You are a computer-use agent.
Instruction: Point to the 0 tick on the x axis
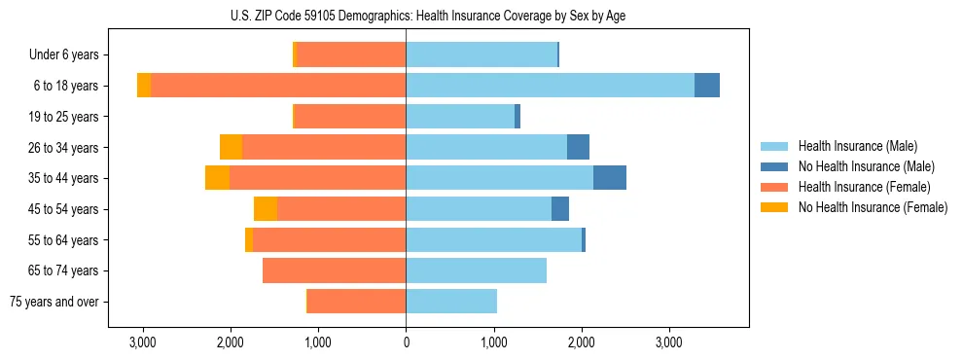coord(406,342)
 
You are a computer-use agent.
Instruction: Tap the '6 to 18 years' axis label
coord(65,86)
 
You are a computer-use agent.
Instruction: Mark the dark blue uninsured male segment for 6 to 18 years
coord(707,86)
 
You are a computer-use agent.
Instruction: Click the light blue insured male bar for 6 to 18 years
coord(550,86)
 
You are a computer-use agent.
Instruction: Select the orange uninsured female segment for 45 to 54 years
coord(266,209)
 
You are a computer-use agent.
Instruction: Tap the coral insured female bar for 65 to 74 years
coord(334,270)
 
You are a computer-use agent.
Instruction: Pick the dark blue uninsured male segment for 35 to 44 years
coord(610,178)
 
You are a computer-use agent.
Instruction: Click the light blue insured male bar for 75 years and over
coord(451,302)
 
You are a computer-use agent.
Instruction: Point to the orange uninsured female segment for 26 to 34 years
coord(231,147)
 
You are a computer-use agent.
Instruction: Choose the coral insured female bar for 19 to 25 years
coord(349,117)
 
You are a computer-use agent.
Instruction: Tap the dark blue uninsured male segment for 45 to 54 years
coord(560,209)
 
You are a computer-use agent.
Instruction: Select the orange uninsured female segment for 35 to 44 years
coord(217,178)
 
